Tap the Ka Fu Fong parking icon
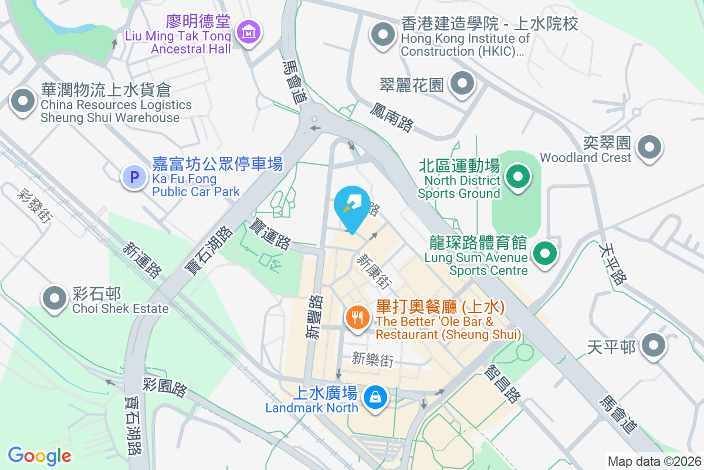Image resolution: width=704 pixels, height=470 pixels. click(134, 176)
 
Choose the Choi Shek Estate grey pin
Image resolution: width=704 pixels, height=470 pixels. click(55, 297)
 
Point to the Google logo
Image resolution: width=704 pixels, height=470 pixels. click(40, 455)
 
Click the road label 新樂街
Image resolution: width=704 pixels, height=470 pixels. click(373, 360)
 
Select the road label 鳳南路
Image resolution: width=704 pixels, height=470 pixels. click(392, 116)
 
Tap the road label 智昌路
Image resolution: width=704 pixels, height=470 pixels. click(502, 384)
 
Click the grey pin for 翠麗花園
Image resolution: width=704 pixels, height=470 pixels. click(463, 84)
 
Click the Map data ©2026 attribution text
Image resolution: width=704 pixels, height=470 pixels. click(654, 461)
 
